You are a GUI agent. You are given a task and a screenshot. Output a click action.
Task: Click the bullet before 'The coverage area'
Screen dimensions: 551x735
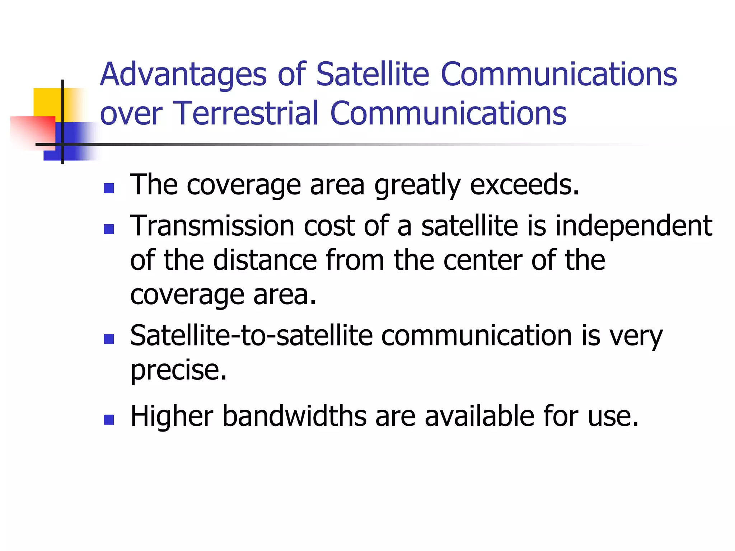pos(108,188)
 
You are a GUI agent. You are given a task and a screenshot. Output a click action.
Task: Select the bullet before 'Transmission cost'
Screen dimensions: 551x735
pos(108,229)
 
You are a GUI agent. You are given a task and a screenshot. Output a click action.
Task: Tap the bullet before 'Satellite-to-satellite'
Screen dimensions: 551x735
pos(108,339)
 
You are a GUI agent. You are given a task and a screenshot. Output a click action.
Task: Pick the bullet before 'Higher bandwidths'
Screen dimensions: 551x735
pos(108,419)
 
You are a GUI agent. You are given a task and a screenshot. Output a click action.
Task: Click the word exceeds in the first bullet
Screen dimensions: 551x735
pos(524,185)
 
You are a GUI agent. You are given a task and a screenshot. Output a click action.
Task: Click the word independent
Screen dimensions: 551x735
pos(633,226)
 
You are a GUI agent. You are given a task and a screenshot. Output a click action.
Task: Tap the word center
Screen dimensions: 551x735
pos(482,260)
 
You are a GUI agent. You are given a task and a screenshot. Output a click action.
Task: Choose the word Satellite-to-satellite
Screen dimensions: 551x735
pos(251,336)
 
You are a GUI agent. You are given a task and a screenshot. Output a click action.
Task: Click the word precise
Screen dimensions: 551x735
pos(178,370)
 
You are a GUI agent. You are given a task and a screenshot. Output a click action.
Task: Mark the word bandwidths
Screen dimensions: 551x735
pos(294,416)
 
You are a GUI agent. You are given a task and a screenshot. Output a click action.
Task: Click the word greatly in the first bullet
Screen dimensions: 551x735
pos(417,186)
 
